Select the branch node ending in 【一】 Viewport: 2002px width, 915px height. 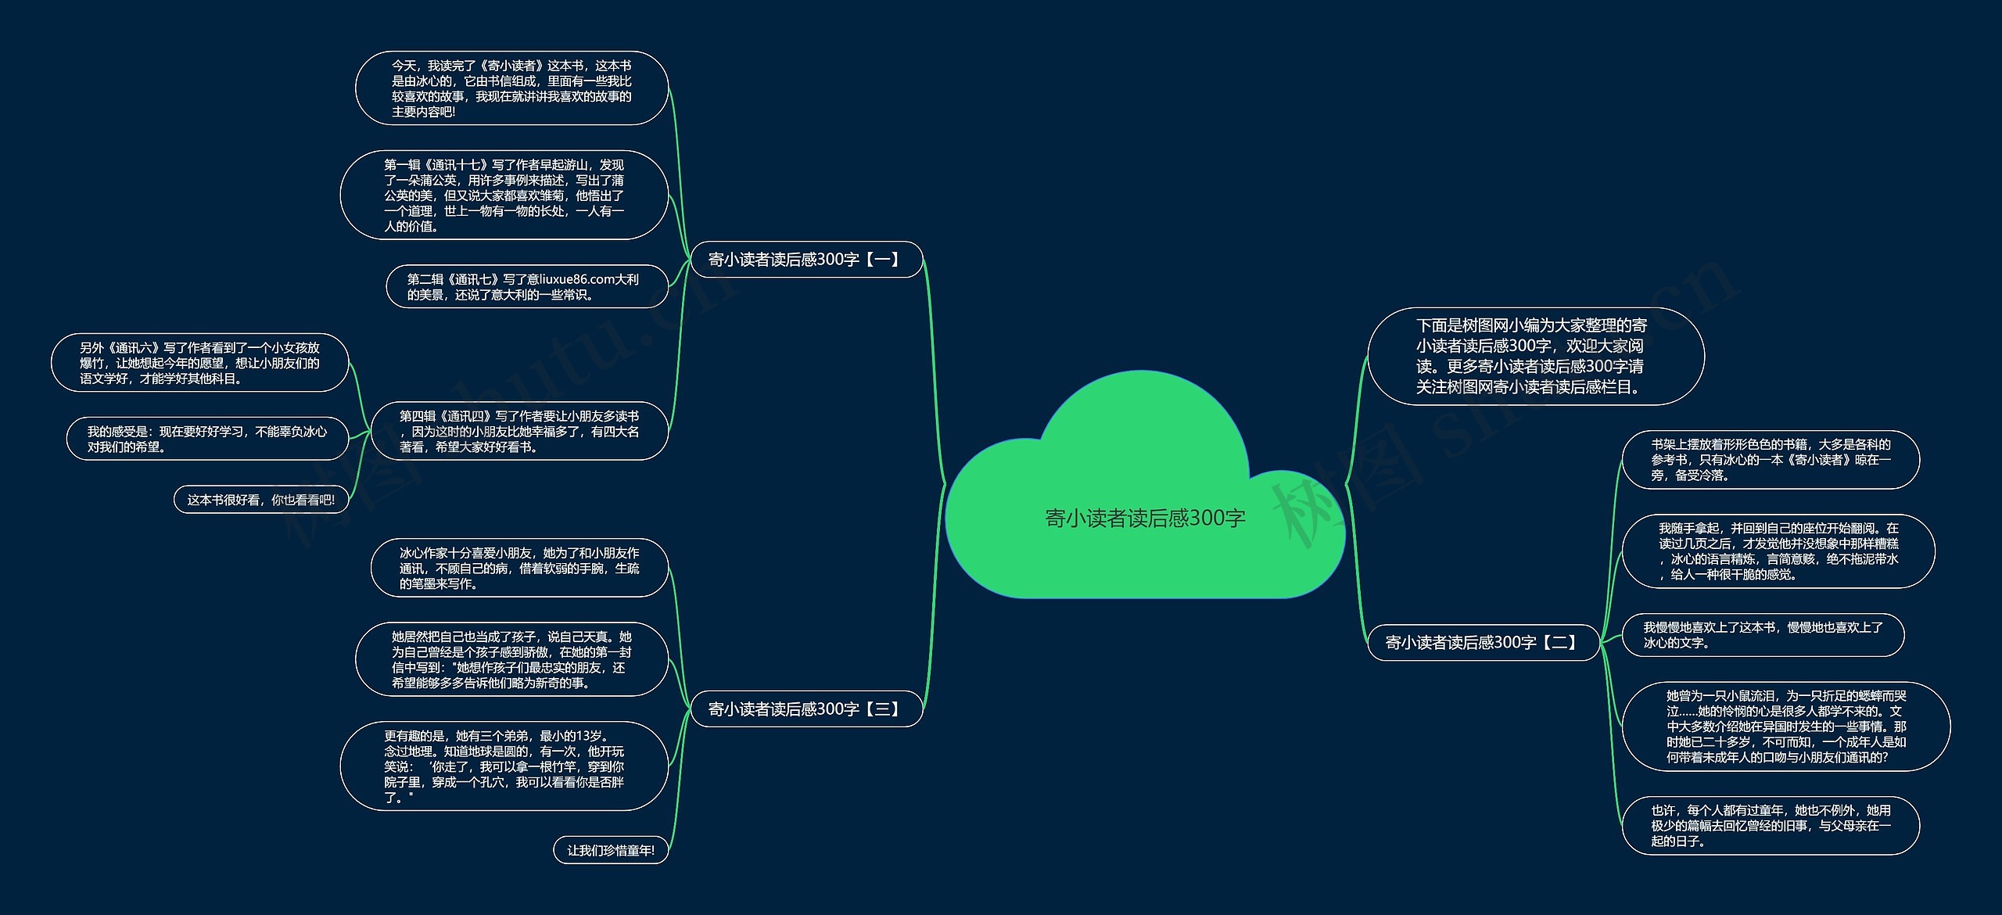pyautogui.click(x=805, y=260)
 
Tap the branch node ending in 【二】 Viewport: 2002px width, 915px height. pyautogui.click(x=1483, y=642)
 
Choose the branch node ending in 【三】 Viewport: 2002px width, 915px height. pyautogui.click(x=805, y=709)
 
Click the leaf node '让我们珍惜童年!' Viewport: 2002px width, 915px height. pyautogui.click(x=610, y=850)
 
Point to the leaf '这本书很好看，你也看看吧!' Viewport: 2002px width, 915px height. pyautogui.click(x=260, y=500)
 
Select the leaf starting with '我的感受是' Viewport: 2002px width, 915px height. pyautogui.click(x=207, y=439)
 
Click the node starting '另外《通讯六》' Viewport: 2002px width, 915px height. pyautogui.click(x=199, y=363)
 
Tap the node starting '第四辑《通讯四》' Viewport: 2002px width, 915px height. pyautogui.click(x=519, y=431)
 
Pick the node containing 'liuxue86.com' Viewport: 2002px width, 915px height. pyautogui.click(x=526, y=287)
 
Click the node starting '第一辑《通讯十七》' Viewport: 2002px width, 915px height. pyautogui.click(x=504, y=196)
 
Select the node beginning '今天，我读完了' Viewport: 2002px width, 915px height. pyautogui.click(x=511, y=88)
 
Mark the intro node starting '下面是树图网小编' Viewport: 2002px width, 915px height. pyautogui.click(x=1535, y=357)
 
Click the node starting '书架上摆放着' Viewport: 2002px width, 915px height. pyautogui.click(x=1771, y=460)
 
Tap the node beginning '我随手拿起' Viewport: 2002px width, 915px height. pyautogui.click(x=1778, y=551)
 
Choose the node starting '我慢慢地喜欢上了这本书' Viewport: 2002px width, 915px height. pyautogui.click(x=1763, y=635)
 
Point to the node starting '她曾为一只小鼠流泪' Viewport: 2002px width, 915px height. pyautogui.click(x=1786, y=727)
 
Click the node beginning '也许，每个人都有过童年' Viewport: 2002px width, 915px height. pyautogui.click(x=1771, y=826)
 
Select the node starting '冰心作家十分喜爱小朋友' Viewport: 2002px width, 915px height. pyautogui.click(x=519, y=568)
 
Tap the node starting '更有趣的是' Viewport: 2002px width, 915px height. pyautogui.click(x=504, y=766)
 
